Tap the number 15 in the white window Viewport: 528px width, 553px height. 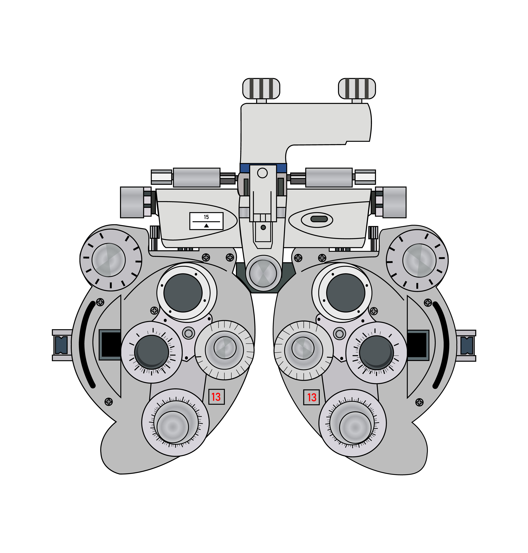click(x=206, y=217)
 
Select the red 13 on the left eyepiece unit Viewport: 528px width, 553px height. click(x=216, y=397)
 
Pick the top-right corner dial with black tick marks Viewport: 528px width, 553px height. click(x=417, y=260)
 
